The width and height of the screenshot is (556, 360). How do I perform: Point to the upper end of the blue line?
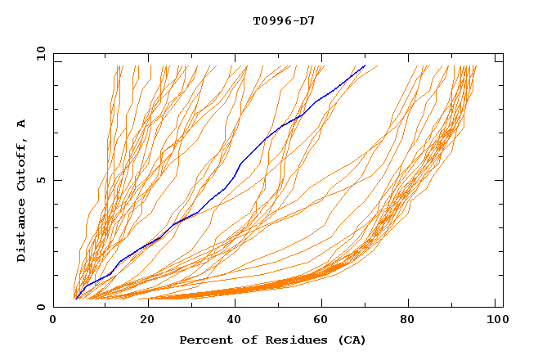tap(365, 65)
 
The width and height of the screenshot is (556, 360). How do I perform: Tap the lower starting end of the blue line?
tap(75, 299)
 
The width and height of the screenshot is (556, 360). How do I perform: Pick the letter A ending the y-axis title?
tap(21, 124)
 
